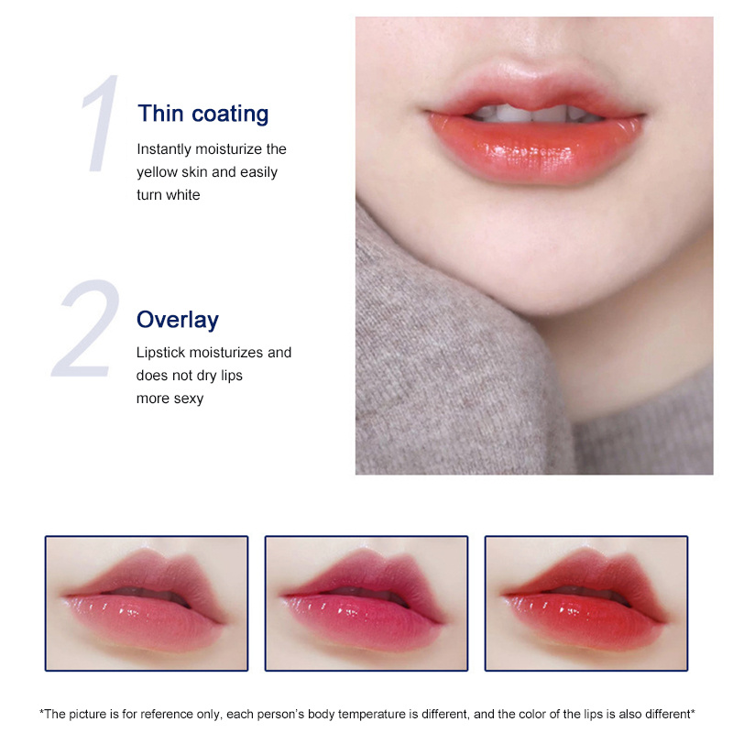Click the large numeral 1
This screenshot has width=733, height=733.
click(102, 126)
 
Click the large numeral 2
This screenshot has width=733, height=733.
click(87, 330)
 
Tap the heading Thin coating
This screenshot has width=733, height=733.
click(202, 114)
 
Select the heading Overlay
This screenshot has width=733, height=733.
click(178, 320)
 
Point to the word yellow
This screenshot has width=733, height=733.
click(157, 171)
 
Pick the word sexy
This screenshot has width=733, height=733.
click(187, 398)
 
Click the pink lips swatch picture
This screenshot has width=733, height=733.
click(147, 603)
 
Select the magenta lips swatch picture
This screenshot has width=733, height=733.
click(366, 603)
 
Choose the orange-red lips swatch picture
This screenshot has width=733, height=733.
click(586, 603)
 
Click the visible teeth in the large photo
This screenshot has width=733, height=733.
click(536, 115)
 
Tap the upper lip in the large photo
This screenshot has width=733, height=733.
click(536, 93)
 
